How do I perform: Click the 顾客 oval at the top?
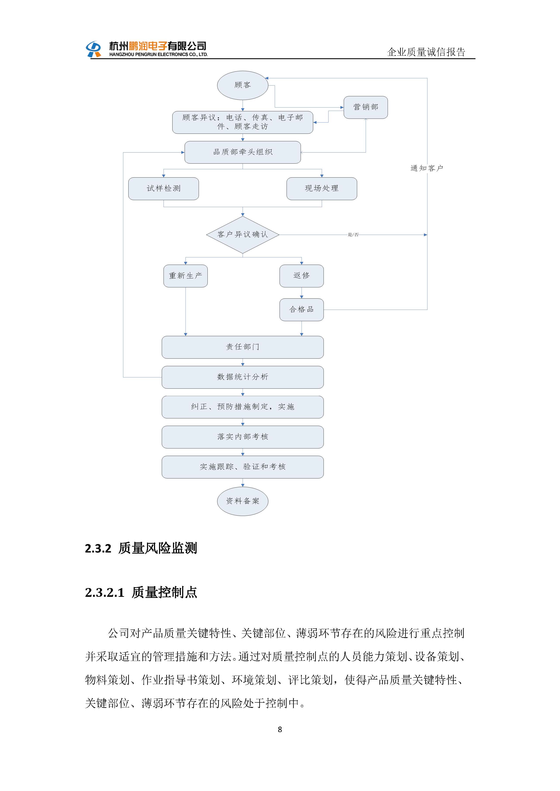(x=242, y=85)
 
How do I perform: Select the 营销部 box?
(x=366, y=107)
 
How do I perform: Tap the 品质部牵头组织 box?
(x=242, y=152)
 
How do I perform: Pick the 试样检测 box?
(x=163, y=189)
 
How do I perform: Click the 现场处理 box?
(x=322, y=189)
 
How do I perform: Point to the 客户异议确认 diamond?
(x=242, y=235)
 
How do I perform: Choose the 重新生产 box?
(x=185, y=276)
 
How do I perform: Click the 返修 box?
(x=301, y=276)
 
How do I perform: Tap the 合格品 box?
(x=301, y=309)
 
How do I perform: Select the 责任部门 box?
(x=242, y=347)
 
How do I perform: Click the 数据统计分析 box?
(x=242, y=377)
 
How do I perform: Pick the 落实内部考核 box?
(x=242, y=437)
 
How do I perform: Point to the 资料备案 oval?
(x=242, y=501)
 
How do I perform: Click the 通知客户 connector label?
(x=427, y=168)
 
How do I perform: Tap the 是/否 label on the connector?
(x=353, y=235)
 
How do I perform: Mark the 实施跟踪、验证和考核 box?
(x=242, y=467)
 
